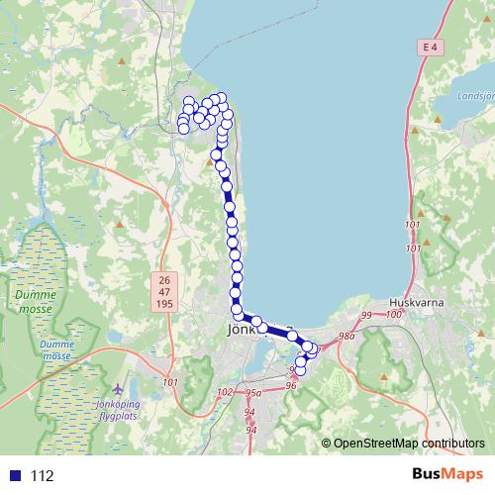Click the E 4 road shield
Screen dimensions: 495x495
(x=428, y=47)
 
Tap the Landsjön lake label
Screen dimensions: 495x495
(x=476, y=97)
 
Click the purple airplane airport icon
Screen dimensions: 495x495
(x=121, y=388)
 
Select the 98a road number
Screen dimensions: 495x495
(x=346, y=337)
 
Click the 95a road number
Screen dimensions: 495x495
(x=252, y=393)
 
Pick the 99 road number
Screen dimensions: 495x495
(x=366, y=315)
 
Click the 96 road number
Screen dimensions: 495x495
(x=290, y=386)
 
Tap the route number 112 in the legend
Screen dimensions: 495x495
(x=42, y=476)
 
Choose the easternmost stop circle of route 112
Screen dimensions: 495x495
(x=315, y=347)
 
